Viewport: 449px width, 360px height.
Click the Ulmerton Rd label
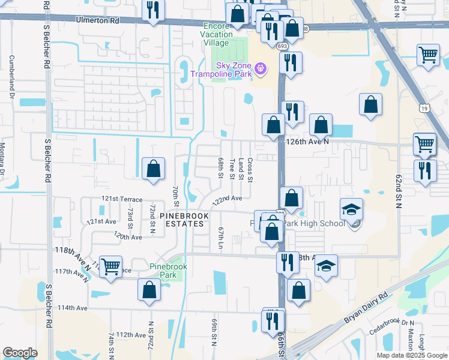[98, 20]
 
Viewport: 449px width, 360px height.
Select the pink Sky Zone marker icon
[261, 69]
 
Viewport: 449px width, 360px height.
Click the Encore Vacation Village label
[217, 34]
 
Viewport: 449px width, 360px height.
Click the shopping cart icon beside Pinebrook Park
[110, 266]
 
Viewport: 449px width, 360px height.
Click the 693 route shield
[282, 46]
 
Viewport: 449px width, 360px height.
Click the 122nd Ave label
[226, 199]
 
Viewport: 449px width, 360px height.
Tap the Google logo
[20, 353]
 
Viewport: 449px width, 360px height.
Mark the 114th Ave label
[73, 308]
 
